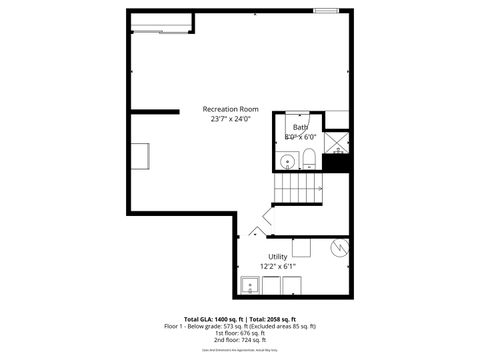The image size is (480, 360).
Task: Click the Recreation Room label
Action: pyautogui.click(x=231, y=108)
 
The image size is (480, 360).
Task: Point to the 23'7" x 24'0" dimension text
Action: pyautogui.click(x=231, y=119)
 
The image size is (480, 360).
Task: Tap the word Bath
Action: pyautogui.click(x=300, y=128)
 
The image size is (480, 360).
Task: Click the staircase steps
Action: pyautogui.click(x=298, y=186)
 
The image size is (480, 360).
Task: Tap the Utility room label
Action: pyautogui.click(x=278, y=257)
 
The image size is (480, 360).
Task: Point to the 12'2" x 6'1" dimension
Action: pyautogui.click(x=278, y=267)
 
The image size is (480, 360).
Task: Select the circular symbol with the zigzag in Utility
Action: pyautogui.click(x=338, y=247)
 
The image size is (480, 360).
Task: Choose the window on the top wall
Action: pyautogui.click(x=326, y=11)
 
